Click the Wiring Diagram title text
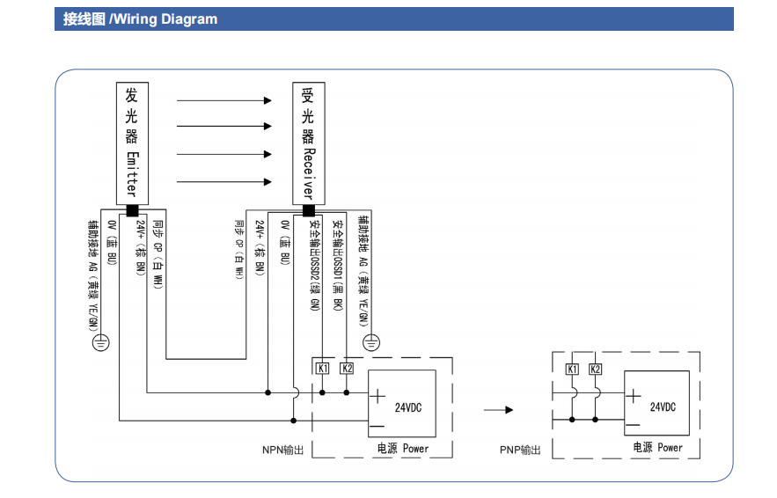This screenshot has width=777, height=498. pyautogui.click(x=140, y=19)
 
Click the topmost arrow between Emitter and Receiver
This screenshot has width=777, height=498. pyautogui.click(x=224, y=100)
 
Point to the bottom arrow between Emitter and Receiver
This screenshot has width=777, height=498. pyautogui.click(x=224, y=182)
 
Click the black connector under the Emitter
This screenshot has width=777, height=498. pyautogui.click(x=132, y=210)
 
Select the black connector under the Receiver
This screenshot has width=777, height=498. pyautogui.click(x=308, y=210)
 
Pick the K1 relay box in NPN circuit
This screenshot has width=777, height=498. pyautogui.click(x=323, y=368)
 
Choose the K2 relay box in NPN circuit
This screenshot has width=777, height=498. pyautogui.click(x=347, y=368)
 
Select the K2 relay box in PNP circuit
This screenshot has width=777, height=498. pyautogui.click(x=596, y=369)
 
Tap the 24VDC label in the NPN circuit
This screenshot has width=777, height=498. pyautogui.click(x=408, y=407)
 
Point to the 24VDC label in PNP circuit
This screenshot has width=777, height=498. pyautogui.click(x=663, y=407)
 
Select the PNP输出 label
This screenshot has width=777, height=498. pyautogui.click(x=520, y=450)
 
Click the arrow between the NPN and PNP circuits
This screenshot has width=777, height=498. pyautogui.click(x=497, y=409)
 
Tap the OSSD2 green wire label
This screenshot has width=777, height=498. pyautogui.click(x=314, y=264)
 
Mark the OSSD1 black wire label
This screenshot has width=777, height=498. pyautogui.click(x=338, y=264)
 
